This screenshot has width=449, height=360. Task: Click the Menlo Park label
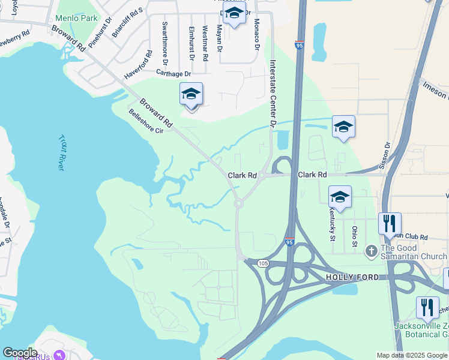(x=76, y=18)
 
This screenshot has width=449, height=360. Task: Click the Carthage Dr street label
(x=173, y=73)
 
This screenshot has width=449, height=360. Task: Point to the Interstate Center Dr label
(x=272, y=94)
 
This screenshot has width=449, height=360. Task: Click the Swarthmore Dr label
(x=165, y=43)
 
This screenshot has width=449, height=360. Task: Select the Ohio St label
(x=354, y=236)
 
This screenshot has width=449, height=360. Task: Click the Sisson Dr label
(x=387, y=154)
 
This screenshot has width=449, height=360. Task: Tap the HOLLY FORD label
(x=352, y=277)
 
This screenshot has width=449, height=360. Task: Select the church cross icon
(x=372, y=249)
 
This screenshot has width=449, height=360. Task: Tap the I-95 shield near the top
(x=299, y=44)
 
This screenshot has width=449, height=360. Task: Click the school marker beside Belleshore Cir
(x=191, y=94)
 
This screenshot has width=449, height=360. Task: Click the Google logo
(x=20, y=353)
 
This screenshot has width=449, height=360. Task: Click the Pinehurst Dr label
(x=100, y=32)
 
